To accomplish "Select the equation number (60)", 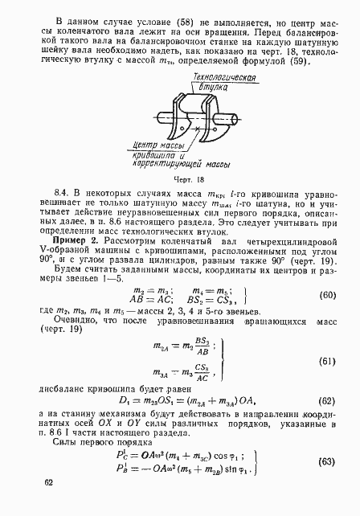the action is click(x=325, y=272).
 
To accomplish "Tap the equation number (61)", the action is click(x=325, y=339).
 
